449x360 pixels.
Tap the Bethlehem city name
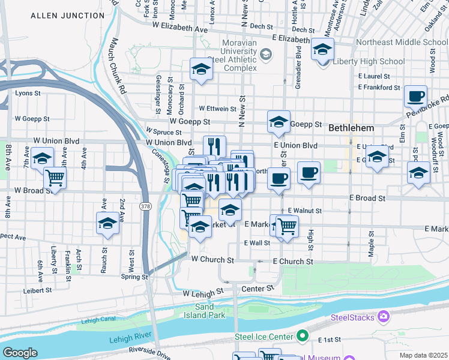pos(351,128)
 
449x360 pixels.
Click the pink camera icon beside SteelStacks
pos(383,317)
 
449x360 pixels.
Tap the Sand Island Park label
pos(209,310)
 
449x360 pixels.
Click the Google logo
pos(20,352)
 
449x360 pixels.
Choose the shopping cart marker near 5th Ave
pos(55,178)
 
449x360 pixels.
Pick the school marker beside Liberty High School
pos(322,49)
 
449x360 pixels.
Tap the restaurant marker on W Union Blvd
pos(214,146)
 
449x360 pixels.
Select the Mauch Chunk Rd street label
pos(117,65)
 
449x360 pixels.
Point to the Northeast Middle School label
pos(401,43)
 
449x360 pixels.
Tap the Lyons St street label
pos(28,93)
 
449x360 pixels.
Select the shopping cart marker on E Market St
pos(287,227)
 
